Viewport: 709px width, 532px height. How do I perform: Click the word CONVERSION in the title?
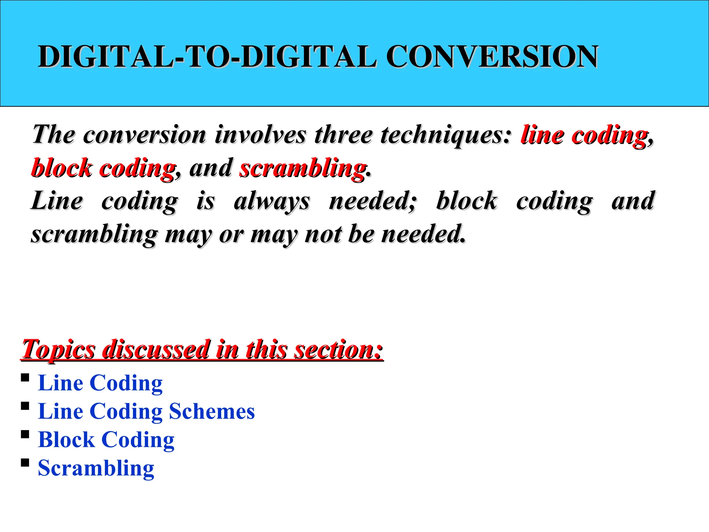pyautogui.click(x=492, y=56)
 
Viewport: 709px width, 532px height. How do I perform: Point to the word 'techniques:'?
pyautogui.click(x=446, y=134)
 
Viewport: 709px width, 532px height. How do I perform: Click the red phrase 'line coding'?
pyautogui.click(x=584, y=135)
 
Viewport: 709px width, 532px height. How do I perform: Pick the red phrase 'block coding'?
pyautogui.click(x=103, y=168)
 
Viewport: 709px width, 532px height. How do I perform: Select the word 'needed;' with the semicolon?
pyautogui.click(x=373, y=201)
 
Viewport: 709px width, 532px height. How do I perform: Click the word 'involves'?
pyautogui.click(x=260, y=134)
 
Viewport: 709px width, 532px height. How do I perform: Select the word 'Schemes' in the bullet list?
pyautogui.click(x=212, y=411)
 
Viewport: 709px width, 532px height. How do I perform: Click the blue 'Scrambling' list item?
pyautogui.click(x=96, y=468)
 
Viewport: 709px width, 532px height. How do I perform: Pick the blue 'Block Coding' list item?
pyautogui.click(x=106, y=440)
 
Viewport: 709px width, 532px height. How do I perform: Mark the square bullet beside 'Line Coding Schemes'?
pyautogui.click(x=25, y=406)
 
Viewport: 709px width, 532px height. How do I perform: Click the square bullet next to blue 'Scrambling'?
pyautogui.click(x=25, y=462)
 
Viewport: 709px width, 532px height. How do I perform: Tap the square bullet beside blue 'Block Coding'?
pyautogui.click(x=25, y=434)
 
